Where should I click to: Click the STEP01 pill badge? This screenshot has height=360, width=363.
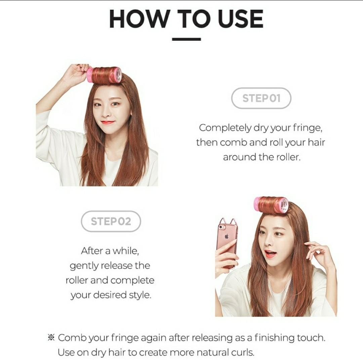point(261,98)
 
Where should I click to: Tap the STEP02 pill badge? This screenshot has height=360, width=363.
point(111,221)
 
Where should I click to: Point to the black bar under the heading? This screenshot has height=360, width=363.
point(186,39)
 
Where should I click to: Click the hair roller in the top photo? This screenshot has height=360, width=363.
point(104,75)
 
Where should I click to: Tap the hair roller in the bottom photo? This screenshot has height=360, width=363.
point(271,205)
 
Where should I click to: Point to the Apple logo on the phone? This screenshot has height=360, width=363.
point(227,236)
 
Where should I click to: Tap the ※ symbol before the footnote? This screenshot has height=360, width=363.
point(51,337)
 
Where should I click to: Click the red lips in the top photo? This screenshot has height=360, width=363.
point(108,122)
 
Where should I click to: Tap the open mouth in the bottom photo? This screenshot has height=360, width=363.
point(270,253)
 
